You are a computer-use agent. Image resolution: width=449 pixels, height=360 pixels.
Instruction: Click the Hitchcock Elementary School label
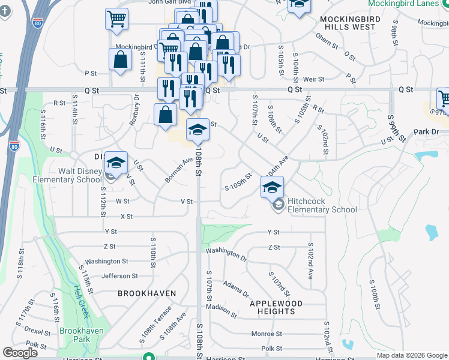322,205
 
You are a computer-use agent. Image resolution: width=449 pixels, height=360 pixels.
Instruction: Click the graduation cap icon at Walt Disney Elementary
116,162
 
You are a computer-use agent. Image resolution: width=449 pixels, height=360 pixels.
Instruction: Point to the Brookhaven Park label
82,335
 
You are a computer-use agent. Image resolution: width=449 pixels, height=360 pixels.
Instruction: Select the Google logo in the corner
20,353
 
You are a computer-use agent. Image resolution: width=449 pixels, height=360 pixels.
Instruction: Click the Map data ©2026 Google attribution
411,355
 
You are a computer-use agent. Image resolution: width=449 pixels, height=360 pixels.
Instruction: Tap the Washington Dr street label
226,254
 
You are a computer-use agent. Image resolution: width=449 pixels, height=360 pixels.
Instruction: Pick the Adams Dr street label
235,288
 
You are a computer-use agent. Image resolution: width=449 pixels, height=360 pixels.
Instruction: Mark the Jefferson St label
119,276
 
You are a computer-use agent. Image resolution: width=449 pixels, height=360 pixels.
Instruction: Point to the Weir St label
313,79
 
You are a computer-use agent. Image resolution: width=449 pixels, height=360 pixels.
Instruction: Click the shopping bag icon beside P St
121,60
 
